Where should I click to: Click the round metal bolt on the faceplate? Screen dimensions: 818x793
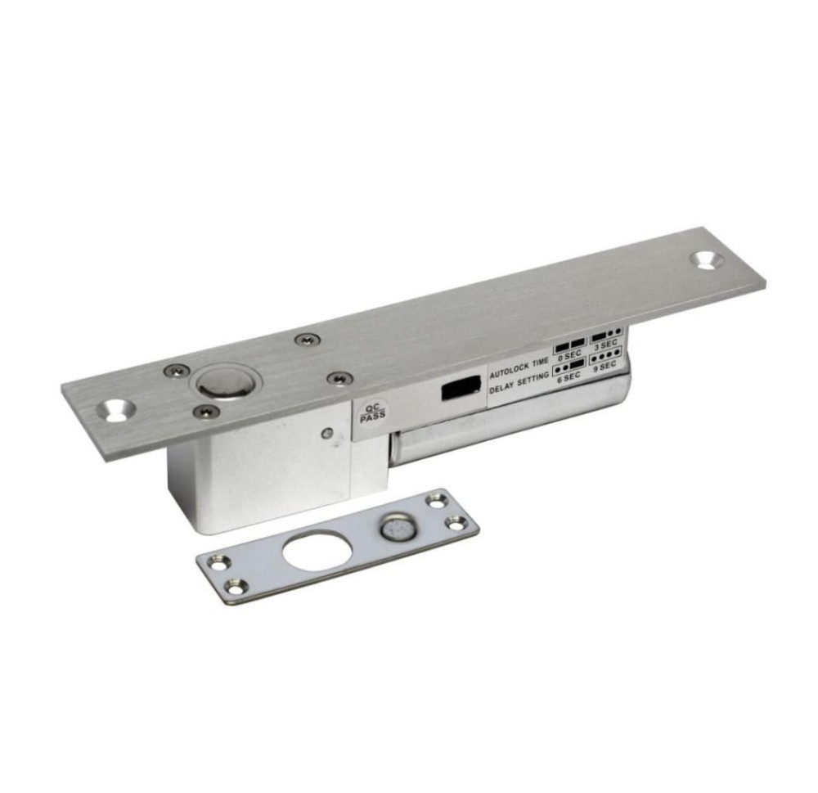click(222, 382)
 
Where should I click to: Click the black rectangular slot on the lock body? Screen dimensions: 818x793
click(461, 388)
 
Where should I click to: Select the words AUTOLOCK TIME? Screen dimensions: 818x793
click(519, 367)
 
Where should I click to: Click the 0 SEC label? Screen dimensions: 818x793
click(569, 355)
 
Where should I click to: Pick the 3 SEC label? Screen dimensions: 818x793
click(606, 344)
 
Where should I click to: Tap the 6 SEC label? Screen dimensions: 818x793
click(569, 377)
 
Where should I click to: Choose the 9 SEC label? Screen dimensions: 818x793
click(605, 365)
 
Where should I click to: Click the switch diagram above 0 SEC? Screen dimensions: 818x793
click(570, 344)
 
